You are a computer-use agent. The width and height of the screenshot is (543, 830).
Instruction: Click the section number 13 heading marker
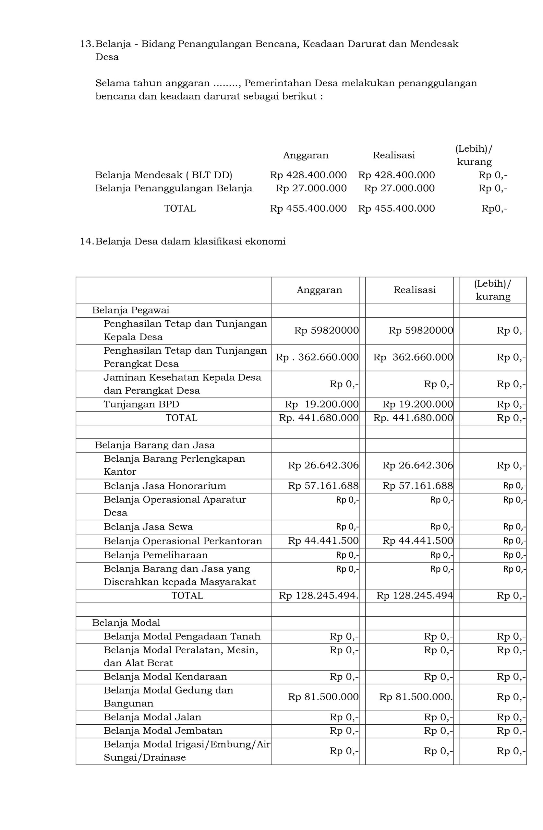click(87, 44)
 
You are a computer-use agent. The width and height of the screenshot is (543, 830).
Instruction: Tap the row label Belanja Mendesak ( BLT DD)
click(163, 175)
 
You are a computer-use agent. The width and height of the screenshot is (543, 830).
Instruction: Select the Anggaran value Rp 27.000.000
click(311, 188)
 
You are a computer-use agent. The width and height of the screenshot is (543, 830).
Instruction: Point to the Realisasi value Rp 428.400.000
click(396, 175)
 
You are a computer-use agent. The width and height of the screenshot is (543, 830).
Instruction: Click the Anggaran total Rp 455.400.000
click(308, 208)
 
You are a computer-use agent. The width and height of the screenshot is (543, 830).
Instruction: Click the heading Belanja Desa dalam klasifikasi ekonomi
click(190, 241)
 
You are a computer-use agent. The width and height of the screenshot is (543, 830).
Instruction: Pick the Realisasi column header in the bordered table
click(415, 290)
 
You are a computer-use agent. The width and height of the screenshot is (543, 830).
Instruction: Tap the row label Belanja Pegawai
click(130, 310)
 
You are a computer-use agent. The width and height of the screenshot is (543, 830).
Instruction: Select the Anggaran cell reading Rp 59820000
click(326, 330)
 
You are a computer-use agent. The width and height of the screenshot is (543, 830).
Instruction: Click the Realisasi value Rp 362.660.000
click(413, 357)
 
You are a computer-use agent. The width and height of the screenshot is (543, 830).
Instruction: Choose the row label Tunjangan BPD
click(141, 404)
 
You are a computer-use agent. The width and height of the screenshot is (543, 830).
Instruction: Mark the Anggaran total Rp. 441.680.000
click(319, 418)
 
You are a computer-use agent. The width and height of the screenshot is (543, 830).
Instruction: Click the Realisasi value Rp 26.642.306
click(417, 465)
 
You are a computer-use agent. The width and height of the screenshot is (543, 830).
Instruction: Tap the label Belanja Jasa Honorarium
click(165, 486)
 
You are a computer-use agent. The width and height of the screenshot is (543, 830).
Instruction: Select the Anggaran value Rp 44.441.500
click(323, 541)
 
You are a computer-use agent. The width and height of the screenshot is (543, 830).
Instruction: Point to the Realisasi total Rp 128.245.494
click(414, 595)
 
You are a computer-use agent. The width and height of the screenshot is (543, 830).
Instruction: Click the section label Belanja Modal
click(126, 622)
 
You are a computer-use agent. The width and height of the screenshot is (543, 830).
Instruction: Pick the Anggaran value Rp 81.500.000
click(323, 697)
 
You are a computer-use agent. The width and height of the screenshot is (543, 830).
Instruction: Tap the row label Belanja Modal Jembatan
click(163, 730)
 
